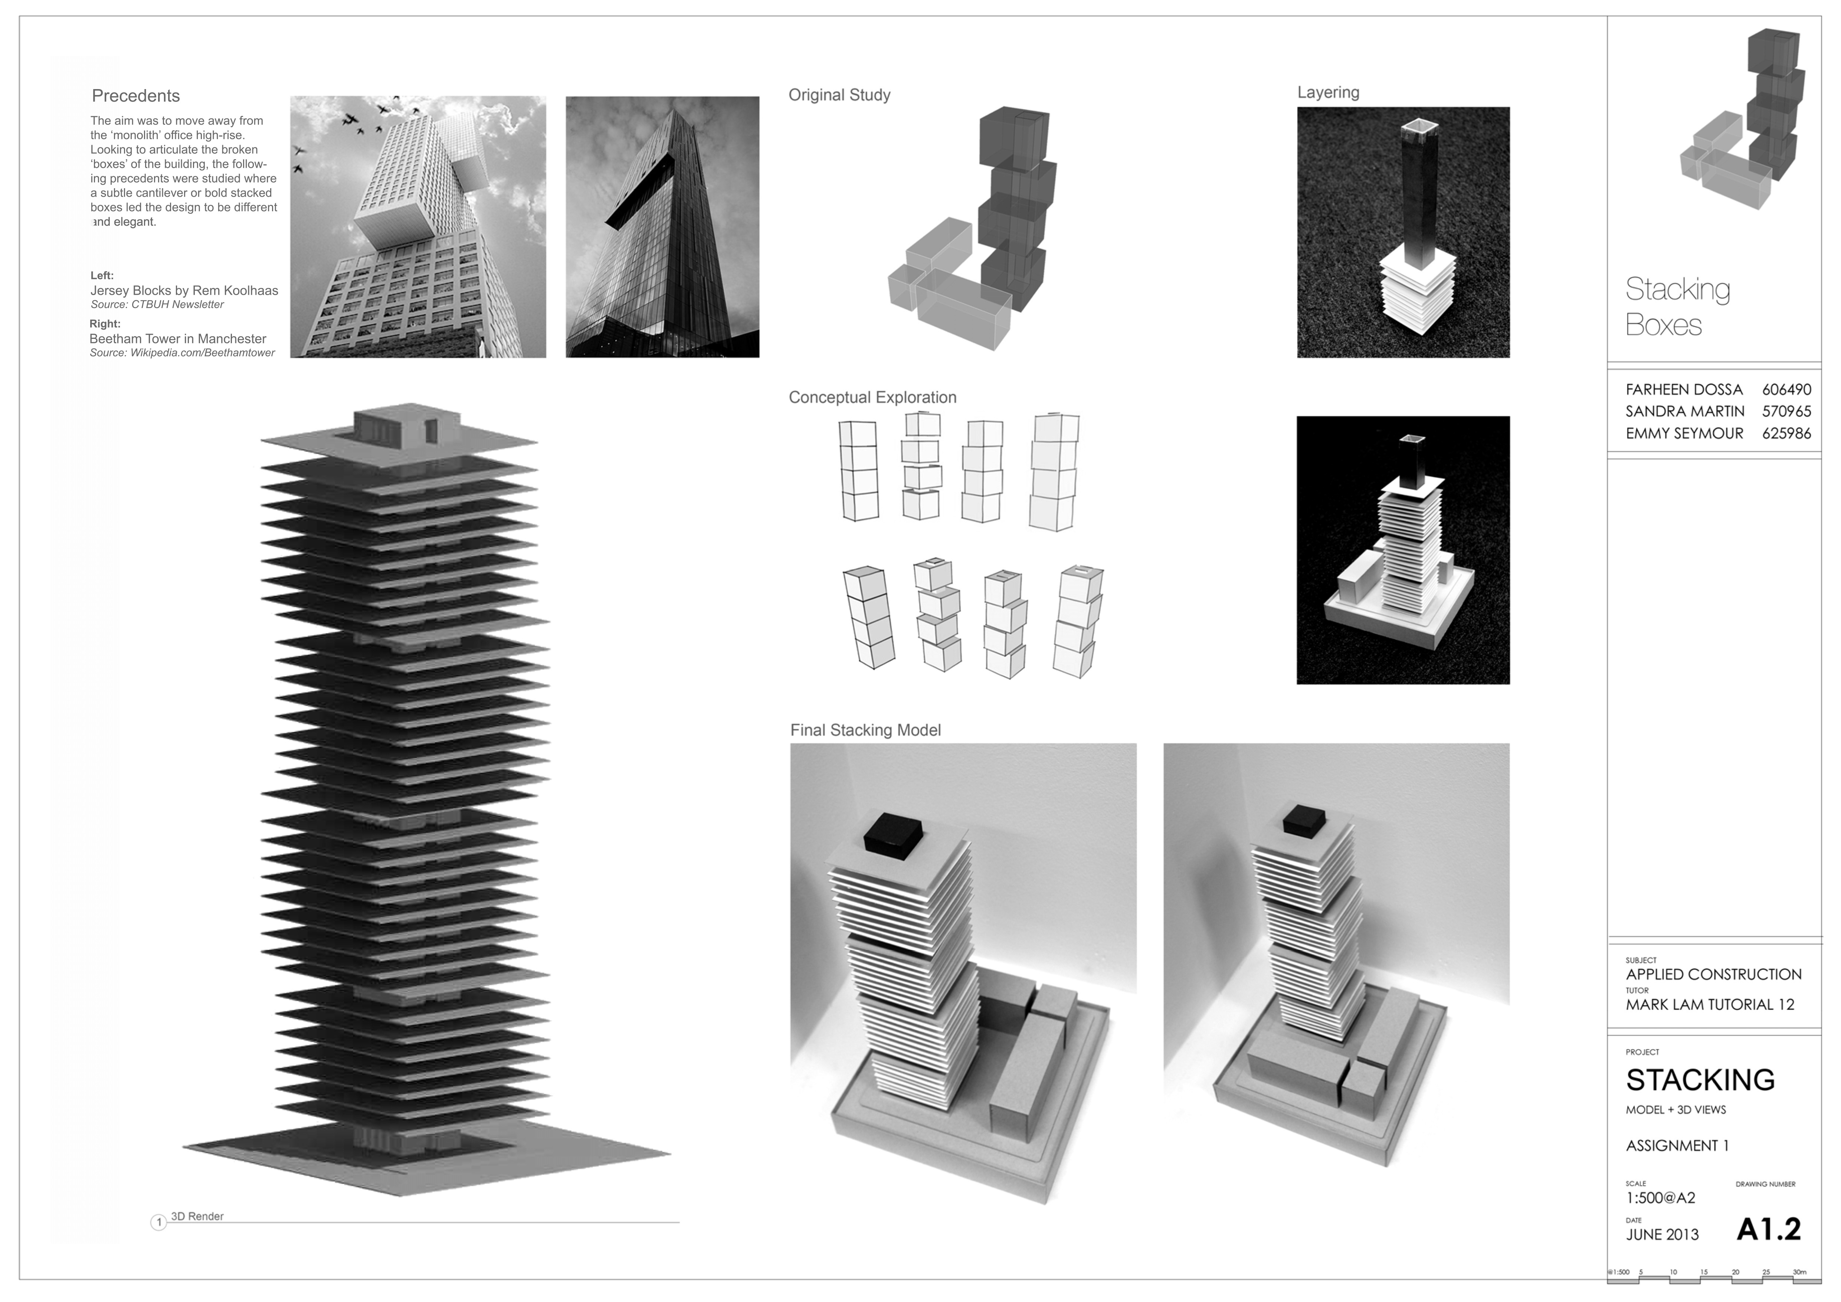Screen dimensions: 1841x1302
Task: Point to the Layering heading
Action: (1328, 92)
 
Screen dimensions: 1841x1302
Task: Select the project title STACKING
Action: (1700, 1080)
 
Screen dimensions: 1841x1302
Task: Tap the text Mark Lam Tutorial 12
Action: (1710, 1005)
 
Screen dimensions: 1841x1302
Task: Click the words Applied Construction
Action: (1713, 974)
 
